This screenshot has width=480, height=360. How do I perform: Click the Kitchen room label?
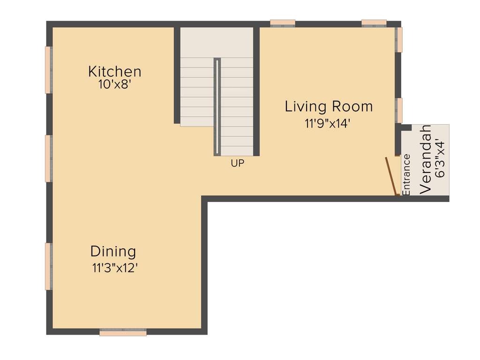click(114, 72)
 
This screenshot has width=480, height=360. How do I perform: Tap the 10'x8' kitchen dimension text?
click(114, 85)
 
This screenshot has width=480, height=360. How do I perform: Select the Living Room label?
click(329, 106)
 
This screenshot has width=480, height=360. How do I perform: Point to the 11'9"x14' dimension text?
click(328, 124)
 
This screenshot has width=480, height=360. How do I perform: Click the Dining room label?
click(113, 252)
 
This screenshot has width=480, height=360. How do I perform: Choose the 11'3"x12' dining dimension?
click(114, 269)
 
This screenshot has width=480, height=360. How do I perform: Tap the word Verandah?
click(426, 159)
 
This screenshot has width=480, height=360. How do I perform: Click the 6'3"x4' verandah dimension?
click(440, 158)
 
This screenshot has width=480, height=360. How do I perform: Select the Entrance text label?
click(406, 174)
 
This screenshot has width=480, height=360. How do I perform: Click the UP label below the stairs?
click(237, 164)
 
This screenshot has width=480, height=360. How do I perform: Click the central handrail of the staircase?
click(217, 107)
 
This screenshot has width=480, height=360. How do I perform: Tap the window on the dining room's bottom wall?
click(123, 332)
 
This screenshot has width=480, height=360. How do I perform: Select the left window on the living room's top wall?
click(283, 22)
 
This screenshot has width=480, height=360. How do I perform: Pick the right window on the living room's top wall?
click(374, 22)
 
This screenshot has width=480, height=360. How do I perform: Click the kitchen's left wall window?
click(48, 70)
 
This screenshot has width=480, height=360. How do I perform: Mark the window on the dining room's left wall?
click(48, 266)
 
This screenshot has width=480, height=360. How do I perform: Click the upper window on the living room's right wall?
click(399, 39)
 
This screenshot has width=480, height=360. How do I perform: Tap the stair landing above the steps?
click(217, 42)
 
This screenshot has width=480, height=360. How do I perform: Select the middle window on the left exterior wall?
click(48, 158)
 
